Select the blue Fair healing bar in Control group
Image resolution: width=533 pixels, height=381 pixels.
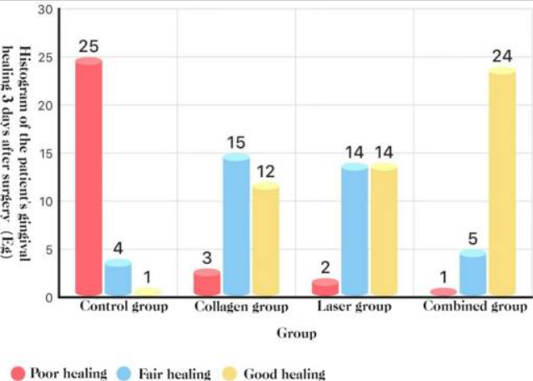(x=118, y=278)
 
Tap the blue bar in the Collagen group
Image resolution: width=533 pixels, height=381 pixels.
(x=236, y=226)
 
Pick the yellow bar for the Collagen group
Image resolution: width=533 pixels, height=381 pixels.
(x=265, y=240)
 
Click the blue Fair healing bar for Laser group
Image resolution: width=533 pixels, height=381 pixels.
(x=354, y=231)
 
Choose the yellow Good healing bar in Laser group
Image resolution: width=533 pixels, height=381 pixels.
(x=384, y=231)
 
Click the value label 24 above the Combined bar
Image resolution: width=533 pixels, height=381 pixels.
(x=502, y=57)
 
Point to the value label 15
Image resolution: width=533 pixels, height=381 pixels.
(x=236, y=143)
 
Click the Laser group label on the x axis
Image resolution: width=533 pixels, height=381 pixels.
(x=354, y=307)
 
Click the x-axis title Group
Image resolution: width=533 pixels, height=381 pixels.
(x=296, y=334)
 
